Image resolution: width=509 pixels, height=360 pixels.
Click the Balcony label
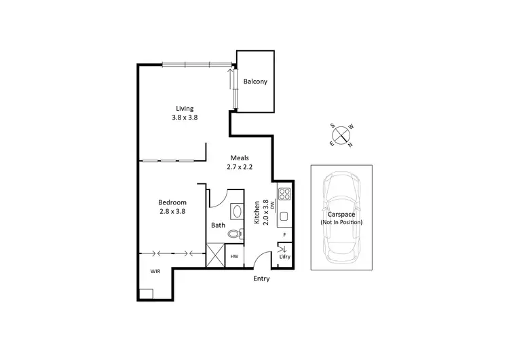255,82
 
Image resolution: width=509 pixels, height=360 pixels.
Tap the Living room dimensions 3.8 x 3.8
185,118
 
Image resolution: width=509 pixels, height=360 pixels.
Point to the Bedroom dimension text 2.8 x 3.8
172,211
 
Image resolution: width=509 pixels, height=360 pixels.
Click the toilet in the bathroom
234,234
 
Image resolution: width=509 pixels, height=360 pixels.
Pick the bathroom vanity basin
236,211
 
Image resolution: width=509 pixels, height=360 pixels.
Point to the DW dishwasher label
271,204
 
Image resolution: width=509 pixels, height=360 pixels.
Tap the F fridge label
284,236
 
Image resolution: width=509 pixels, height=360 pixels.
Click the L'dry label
284,257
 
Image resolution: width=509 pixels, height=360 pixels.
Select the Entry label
261,279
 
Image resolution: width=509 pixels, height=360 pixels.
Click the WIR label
156,271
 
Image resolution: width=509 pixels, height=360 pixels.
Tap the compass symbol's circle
341,134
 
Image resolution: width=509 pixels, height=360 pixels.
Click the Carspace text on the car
341,215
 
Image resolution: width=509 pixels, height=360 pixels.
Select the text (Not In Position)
341,223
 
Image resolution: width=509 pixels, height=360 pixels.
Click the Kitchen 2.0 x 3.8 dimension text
260,212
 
